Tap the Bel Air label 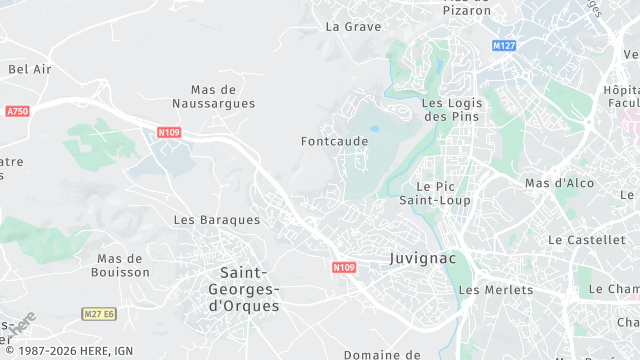(x=29, y=69)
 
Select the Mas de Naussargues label (x=213, y=96)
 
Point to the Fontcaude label (x=334, y=141)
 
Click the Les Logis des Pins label (x=451, y=109)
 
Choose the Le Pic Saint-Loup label (x=442, y=193)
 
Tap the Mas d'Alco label (x=559, y=183)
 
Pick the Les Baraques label (x=216, y=219)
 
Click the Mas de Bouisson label (x=120, y=265)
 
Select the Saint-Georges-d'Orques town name (x=250, y=289)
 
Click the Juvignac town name (x=422, y=258)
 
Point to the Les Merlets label (x=495, y=290)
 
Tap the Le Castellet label (x=586, y=240)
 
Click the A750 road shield (x=17, y=111)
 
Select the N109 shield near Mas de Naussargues (x=169, y=131)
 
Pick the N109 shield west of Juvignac (x=344, y=267)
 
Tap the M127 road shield (x=504, y=46)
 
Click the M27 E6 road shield (x=99, y=314)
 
